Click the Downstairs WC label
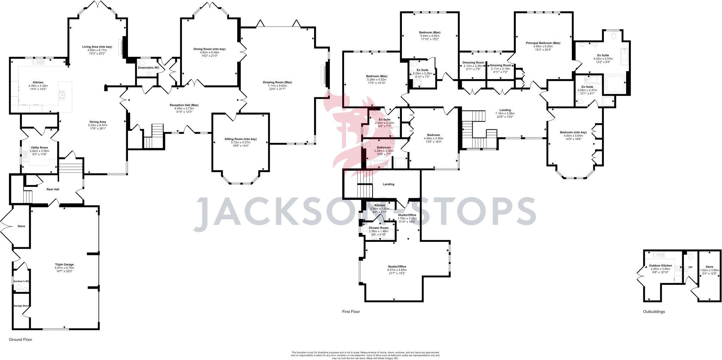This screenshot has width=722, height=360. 148,67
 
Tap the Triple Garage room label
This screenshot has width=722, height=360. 64,264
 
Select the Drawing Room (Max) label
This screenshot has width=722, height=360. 277,82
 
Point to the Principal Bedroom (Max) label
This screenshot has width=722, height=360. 543,43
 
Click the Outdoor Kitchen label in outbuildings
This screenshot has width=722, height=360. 660,266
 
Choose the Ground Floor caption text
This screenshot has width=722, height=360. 20,340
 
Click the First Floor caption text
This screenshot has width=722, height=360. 351,312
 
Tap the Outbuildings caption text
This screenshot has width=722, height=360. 654,312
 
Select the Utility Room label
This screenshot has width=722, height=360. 39,148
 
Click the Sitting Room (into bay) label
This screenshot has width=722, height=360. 240,139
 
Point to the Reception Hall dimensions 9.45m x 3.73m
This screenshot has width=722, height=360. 184,109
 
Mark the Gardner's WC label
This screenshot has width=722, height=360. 21,281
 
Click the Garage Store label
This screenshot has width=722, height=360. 21,306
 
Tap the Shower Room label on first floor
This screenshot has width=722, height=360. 378,228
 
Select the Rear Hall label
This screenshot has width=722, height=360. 53,189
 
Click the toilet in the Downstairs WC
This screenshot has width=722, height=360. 149,74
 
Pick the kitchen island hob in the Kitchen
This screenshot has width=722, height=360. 62,95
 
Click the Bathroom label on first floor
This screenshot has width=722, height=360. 384,147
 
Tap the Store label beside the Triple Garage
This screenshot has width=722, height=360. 21,226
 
